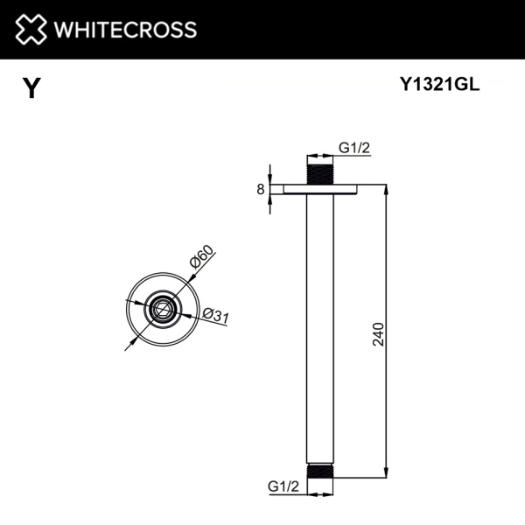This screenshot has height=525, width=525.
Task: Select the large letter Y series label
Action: point(31,88)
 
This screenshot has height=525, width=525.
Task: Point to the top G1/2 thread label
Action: point(354,148)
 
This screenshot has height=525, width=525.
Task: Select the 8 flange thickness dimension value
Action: point(260,189)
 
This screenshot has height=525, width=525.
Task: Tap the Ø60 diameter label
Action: point(200,261)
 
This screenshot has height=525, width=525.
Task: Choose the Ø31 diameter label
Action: point(214,316)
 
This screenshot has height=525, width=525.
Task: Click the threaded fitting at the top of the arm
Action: point(321,171)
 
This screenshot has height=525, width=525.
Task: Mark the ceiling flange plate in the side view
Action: point(321,189)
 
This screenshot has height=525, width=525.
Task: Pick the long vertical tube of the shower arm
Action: point(321,332)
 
